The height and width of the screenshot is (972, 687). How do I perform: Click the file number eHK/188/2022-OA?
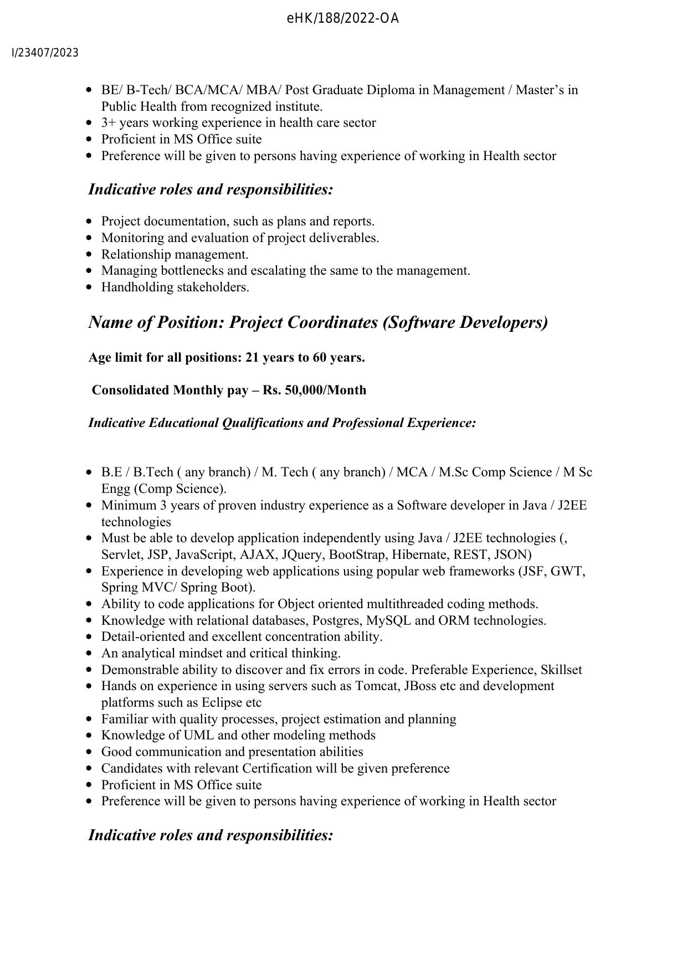coord(343,19)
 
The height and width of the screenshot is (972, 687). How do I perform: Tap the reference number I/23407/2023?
coord(45,53)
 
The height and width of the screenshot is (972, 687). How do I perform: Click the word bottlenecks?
coord(192,271)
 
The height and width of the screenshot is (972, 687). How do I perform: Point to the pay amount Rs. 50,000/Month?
coord(314,390)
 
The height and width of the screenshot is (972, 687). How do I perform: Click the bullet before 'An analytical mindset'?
coord(90,654)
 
